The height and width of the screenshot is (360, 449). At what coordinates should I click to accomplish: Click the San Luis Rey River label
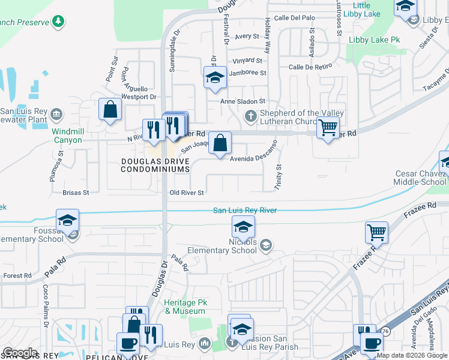click(x=245, y=211)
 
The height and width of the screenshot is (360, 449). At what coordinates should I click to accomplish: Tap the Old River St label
click(x=187, y=193)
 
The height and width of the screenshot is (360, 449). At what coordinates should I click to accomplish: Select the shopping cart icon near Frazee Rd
click(x=376, y=232)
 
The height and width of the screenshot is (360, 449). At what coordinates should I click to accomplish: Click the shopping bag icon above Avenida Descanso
click(x=221, y=143)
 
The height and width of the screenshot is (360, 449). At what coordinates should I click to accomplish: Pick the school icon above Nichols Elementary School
click(x=243, y=227)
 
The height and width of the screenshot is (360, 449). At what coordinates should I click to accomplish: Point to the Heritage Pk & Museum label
click(x=185, y=307)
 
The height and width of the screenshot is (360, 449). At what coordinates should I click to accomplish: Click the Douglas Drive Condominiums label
click(x=155, y=165)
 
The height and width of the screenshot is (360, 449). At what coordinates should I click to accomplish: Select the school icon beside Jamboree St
click(x=215, y=77)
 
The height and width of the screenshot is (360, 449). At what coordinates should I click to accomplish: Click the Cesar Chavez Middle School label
click(x=421, y=178)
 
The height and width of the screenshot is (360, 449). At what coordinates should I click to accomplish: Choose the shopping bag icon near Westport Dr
click(x=110, y=110)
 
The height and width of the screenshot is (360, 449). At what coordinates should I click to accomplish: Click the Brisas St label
click(x=76, y=193)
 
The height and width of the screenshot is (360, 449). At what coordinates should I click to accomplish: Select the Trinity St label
click(x=278, y=178)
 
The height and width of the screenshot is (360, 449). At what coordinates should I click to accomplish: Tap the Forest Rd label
click(x=17, y=276)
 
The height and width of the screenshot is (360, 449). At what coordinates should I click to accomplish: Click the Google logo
click(x=20, y=353)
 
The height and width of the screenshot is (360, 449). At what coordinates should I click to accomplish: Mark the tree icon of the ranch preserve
click(x=58, y=22)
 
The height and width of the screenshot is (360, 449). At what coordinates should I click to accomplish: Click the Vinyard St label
click(x=248, y=61)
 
